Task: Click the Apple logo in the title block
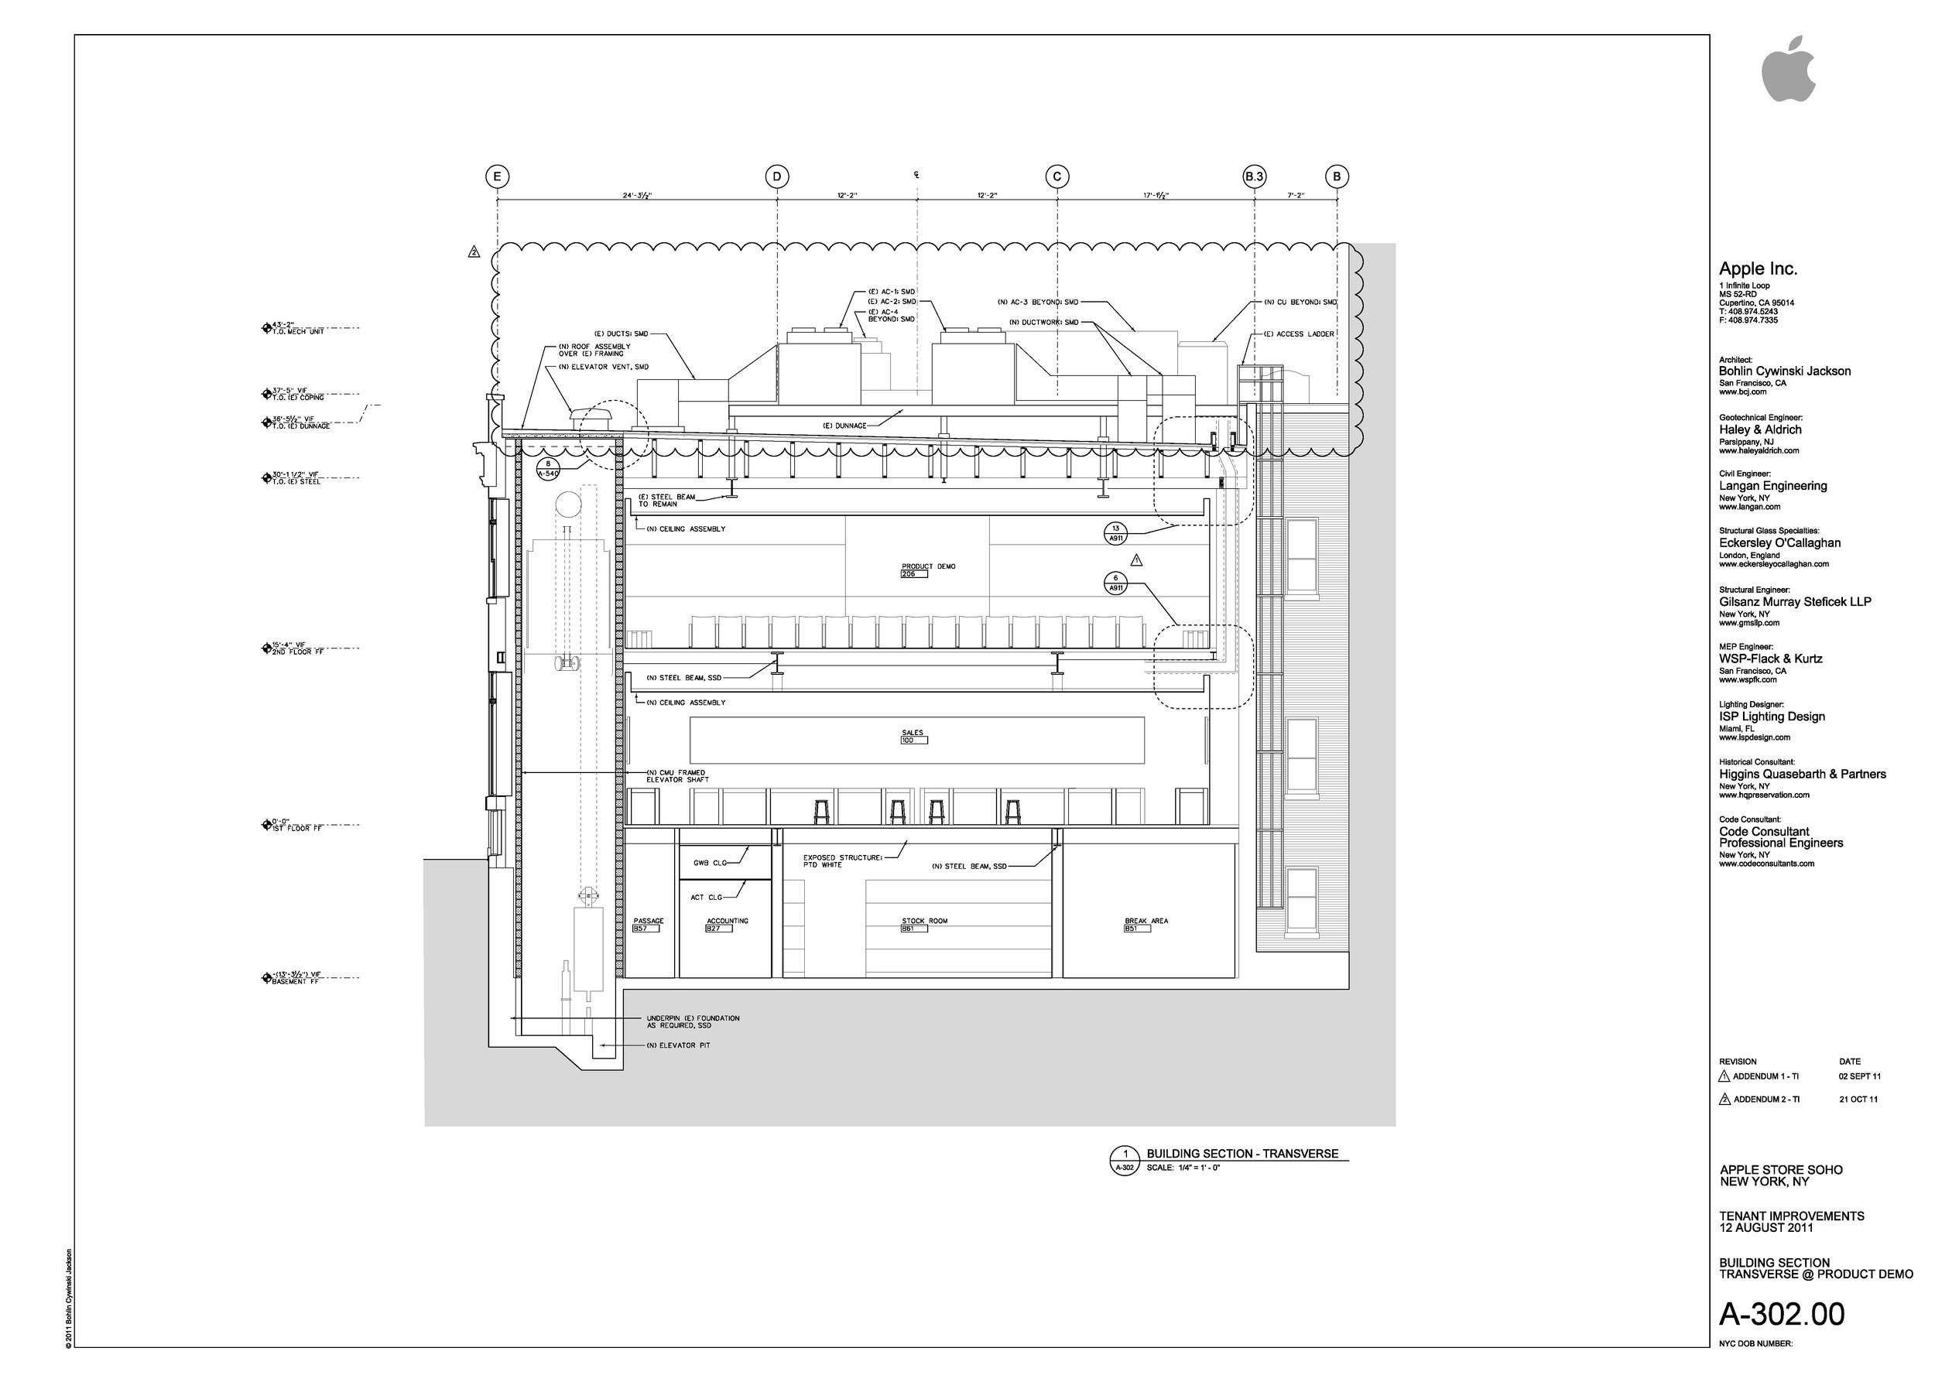pyautogui.click(x=1788, y=70)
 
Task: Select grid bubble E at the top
pyautogui.click(x=497, y=177)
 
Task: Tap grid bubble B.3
pyautogui.click(x=1254, y=177)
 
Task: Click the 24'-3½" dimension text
pyautogui.click(x=637, y=196)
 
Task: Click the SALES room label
pyautogui.click(x=913, y=733)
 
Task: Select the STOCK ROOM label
pyautogui.click(x=924, y=921)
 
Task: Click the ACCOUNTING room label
pyautogui.click(x=727, y=921)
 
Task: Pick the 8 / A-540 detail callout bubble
pyautogui.click(x=548, y=469)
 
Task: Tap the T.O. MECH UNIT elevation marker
pyautogui.click(x=296, y=329)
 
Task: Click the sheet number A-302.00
pyautogui.click(x=1782, y=1315)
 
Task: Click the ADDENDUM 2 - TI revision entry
pyautogui.click(x=1765, y=1100)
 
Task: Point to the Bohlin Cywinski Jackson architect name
pyautogui.click(x=1784, y=371)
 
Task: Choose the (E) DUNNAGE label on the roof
pyautogui.click(x=844, y=426)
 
